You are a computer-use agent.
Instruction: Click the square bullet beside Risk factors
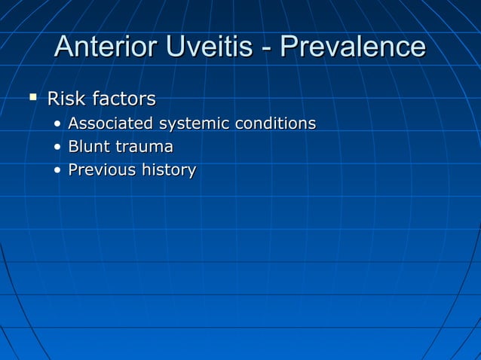click(32, 97)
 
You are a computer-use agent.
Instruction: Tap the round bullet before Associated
click(58, 124)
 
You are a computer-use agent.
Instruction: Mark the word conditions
click(275, 123)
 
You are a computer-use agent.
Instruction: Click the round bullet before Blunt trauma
click(58, 148)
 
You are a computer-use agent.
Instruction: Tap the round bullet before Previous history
click(58, 171)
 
